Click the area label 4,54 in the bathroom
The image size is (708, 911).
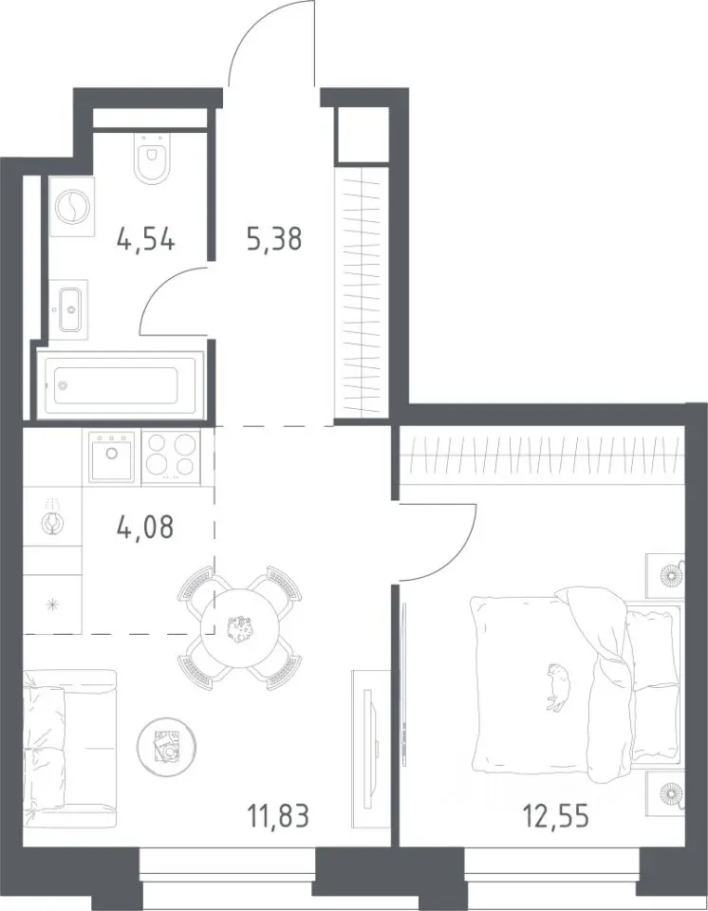coord(145,239)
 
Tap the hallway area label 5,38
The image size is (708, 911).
coord(274,239)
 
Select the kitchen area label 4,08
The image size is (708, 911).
coord(145,528)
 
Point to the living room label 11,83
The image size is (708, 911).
coord(278,816)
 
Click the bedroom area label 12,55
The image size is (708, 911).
coord(556,816)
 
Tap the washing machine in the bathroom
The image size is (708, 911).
coord(72,206)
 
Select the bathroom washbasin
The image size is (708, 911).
coord(69,309)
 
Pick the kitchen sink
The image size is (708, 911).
coord(111,456)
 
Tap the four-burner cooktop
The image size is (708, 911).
coord(170,456)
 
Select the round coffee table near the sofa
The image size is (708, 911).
coord(167,746)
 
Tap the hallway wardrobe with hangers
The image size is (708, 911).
coord(361,291)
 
